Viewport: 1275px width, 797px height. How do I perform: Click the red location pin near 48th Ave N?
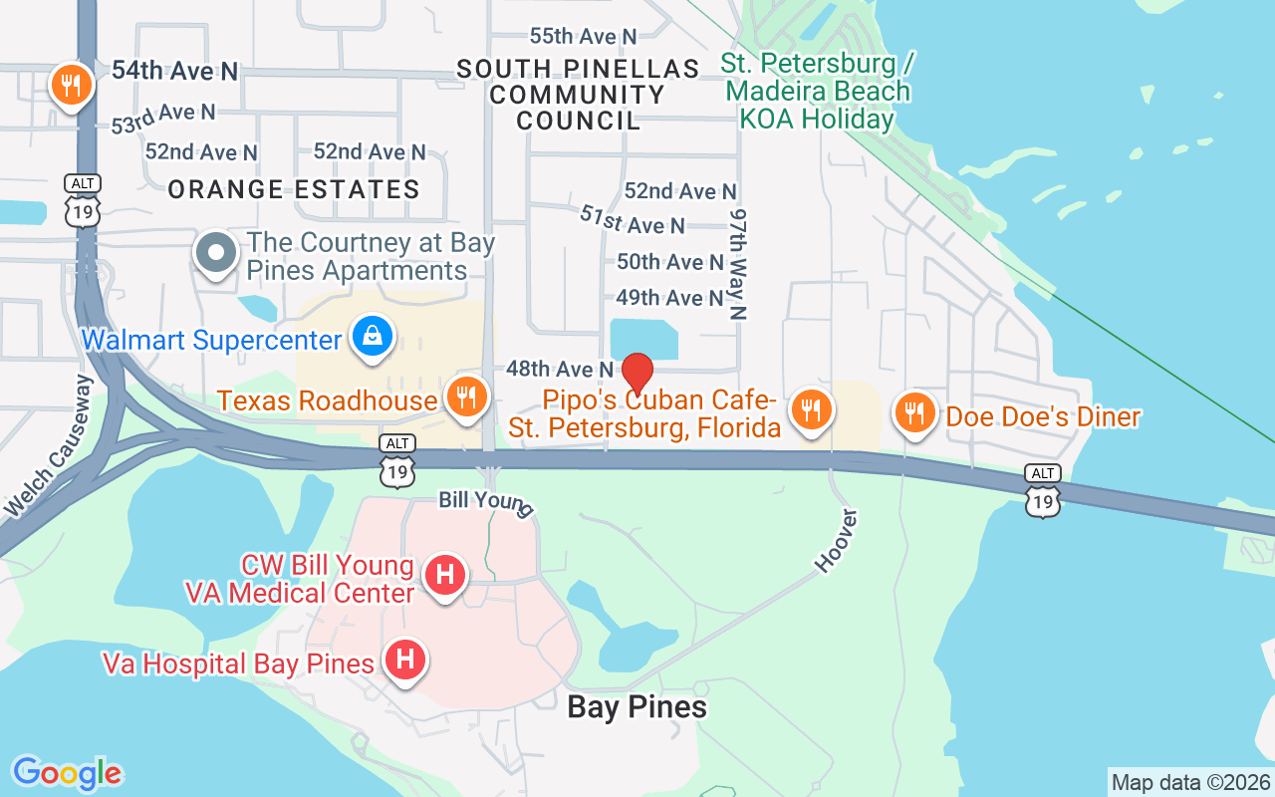637,374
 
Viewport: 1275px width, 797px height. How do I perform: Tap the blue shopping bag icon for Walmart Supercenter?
372,337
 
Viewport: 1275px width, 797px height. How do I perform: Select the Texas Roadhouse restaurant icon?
464,397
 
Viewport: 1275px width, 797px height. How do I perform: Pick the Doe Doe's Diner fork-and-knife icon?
912,411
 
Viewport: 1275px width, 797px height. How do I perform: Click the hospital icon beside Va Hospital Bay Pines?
405,661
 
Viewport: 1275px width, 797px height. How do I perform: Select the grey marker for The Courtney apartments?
216,253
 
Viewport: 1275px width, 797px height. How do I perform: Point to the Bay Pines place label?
637,707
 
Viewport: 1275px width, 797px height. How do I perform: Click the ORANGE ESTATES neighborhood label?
294,189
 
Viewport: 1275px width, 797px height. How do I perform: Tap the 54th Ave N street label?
174,71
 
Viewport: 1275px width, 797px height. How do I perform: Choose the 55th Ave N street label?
583,36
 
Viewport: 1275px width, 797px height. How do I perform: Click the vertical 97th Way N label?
738,264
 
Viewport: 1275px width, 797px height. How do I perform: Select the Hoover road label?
836,540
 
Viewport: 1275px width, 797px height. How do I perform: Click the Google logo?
67,773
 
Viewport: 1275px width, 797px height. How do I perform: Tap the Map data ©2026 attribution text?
1190,782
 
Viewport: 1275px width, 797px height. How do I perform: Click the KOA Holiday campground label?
817,92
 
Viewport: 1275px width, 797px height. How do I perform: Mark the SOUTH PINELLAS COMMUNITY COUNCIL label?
578,95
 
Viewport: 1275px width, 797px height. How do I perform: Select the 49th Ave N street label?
669,298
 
